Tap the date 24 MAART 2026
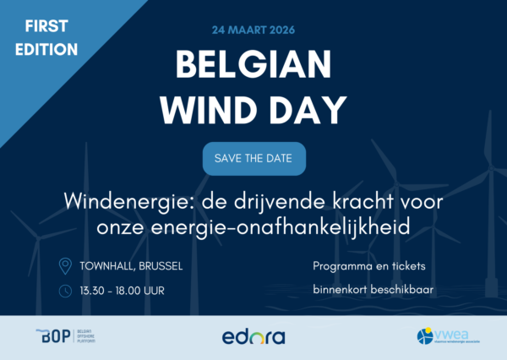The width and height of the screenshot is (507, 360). (x=253, y=31)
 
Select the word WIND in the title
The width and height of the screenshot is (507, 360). (x=206, y=109)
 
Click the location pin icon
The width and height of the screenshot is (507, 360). (x=65, y=266)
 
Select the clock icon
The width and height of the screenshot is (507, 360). (x=65, y=292)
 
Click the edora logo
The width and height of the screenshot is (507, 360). (x=253, y=336)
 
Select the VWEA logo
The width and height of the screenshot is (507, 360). (x=444, y=336)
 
